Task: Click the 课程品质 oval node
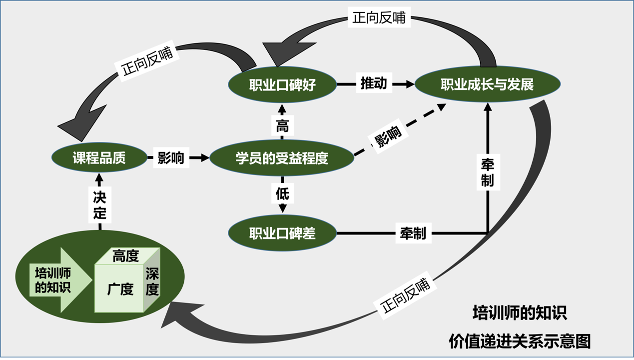[99, 158]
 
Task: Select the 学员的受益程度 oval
[282, 158]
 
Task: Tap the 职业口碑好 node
[282, 84]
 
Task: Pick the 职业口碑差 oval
[282, 233]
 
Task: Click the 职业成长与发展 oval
[487, 84]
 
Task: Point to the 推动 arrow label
[374, 83]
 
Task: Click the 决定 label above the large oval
[100, 204]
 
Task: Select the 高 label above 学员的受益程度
[282, 125]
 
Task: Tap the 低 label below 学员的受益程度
[282, 193]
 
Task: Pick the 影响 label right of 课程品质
[171, 158]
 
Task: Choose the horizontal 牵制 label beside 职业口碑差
[413, 233]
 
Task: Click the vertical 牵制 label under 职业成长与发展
[488, 172]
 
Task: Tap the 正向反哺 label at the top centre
[379, 18]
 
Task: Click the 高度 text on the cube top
[125, 256]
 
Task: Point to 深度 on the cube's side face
[152, 281]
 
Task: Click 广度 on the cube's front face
[120, 289]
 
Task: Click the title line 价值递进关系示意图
[520, 341]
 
